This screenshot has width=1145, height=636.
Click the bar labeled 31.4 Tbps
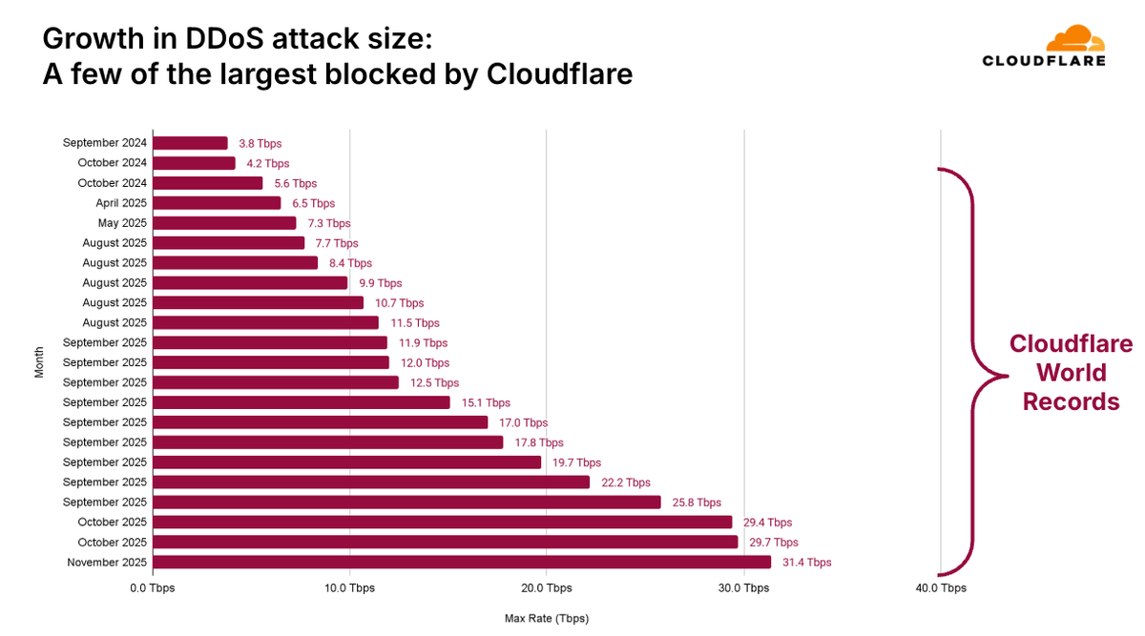(x=462, y=563)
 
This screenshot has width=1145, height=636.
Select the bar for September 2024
(x=190, y=143)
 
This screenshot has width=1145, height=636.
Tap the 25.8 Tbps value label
(x=697, y=503)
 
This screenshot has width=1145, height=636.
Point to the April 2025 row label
(x=121, y=203)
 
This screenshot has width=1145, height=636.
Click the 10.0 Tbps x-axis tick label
(x=349, y=588)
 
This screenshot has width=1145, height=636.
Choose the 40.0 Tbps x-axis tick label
(x=940, y=588)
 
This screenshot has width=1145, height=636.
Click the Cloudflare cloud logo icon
(x=1074, y=40)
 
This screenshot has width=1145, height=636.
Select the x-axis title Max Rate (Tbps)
(x=547, y=618)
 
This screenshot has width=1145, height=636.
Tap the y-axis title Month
(x=40, y=362)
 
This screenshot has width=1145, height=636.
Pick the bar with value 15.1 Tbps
(x=302, y=402)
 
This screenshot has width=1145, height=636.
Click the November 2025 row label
(x=107, y=563)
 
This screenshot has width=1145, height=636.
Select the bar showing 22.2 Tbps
(x=371, y=482)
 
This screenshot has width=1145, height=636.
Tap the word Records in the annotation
(x=1071, y=402)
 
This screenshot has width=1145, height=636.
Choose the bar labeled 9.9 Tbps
(x=250, y=283)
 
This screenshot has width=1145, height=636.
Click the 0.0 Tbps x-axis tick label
(x=153, y=588)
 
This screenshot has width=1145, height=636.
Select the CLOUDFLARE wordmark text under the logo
(x=1044, y=61)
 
